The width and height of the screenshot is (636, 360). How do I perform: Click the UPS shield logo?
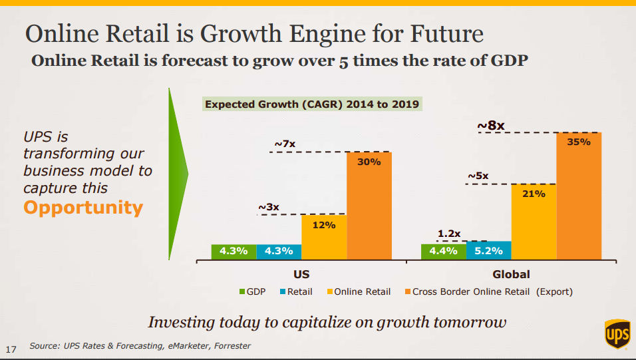tap(616, 333)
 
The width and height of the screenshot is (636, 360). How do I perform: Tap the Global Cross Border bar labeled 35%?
tap(579, 195)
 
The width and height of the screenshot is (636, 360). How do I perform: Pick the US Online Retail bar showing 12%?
tap(323, 236)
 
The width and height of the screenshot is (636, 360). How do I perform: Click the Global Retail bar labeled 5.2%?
tap(488, 251)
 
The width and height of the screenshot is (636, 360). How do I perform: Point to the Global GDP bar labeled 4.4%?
tap(443, 252)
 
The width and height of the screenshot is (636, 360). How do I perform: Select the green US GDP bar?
tap(234, 252)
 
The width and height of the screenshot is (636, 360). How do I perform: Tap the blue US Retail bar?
tap(279, 252)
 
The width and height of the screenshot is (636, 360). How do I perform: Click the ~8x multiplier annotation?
tap(491, 124)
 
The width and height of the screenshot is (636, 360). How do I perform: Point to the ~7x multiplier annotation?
tap(285, 144)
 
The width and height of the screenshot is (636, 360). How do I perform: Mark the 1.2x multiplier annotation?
tap(449, 234)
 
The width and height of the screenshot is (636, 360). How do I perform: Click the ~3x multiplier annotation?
tap(269, 207)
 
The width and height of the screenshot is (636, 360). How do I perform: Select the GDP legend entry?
tap(252, 291)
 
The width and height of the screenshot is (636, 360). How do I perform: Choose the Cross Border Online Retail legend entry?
tap(487, 291)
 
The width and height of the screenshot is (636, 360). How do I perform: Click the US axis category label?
tap(301, 274)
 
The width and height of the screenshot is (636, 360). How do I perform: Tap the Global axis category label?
tap(511, 274)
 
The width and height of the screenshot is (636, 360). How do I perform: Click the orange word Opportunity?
tap(83, 208)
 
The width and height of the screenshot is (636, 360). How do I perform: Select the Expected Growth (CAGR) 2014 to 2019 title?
tap(311, 104)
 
